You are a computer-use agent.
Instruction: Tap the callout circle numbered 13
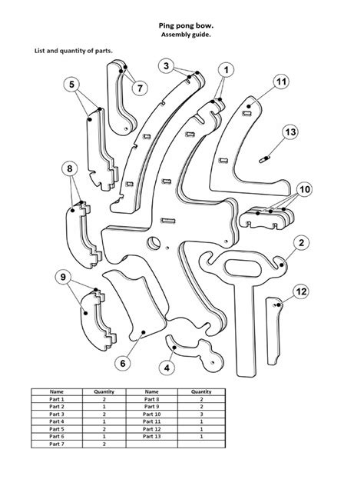click(x=290, y=133)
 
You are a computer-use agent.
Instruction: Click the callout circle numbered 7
click(x=138, y=88)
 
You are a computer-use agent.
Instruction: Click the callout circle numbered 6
click(x=121, y=361)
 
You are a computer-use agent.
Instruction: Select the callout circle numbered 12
click(x=301, y=291)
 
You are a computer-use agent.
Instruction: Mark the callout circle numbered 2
click(x=302, y=243)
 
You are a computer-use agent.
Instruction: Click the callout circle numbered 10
click(x=305, y=188)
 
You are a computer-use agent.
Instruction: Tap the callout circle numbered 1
click(x=227, y=70)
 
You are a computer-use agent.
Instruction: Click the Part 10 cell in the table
click(x=151, y=414)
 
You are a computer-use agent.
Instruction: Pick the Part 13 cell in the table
click(x=151, y=436)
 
